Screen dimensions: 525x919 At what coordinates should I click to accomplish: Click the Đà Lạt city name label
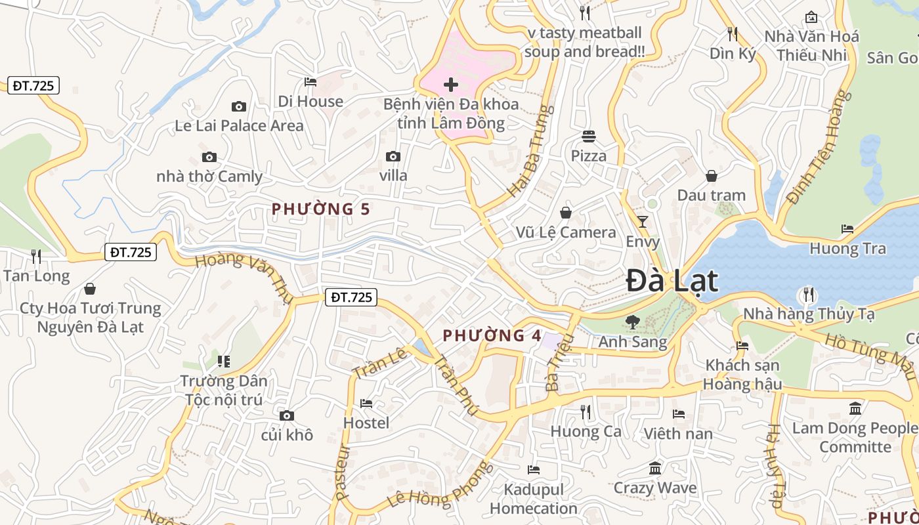tap(672, 282)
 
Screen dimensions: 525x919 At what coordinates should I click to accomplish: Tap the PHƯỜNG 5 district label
tap(321, 209)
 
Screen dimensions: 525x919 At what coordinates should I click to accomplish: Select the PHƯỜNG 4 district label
tap(492, 335)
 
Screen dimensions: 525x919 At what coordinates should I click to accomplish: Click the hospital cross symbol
tap(451, 85)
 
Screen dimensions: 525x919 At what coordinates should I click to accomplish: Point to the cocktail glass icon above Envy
tap(643, 222)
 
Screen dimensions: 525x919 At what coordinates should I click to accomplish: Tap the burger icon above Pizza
tap(589, 136)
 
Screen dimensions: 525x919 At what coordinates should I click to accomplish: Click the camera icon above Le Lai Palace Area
tap(239, 106)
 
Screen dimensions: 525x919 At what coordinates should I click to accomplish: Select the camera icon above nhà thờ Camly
tap(209, 157)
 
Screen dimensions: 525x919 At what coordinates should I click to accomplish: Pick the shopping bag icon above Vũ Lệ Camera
tap(566, 213)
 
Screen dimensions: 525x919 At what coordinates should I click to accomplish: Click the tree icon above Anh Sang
tap(633, 322)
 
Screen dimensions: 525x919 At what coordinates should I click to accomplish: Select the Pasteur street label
tap(341, 473)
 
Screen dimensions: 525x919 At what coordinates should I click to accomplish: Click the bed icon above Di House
tap(310, 82)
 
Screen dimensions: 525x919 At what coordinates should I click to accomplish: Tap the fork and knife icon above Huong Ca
tap(586, 411)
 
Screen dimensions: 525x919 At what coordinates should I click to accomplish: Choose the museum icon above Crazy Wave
tap(655, 469)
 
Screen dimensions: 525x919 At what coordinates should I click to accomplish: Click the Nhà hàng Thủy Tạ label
tap(809, 314)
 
